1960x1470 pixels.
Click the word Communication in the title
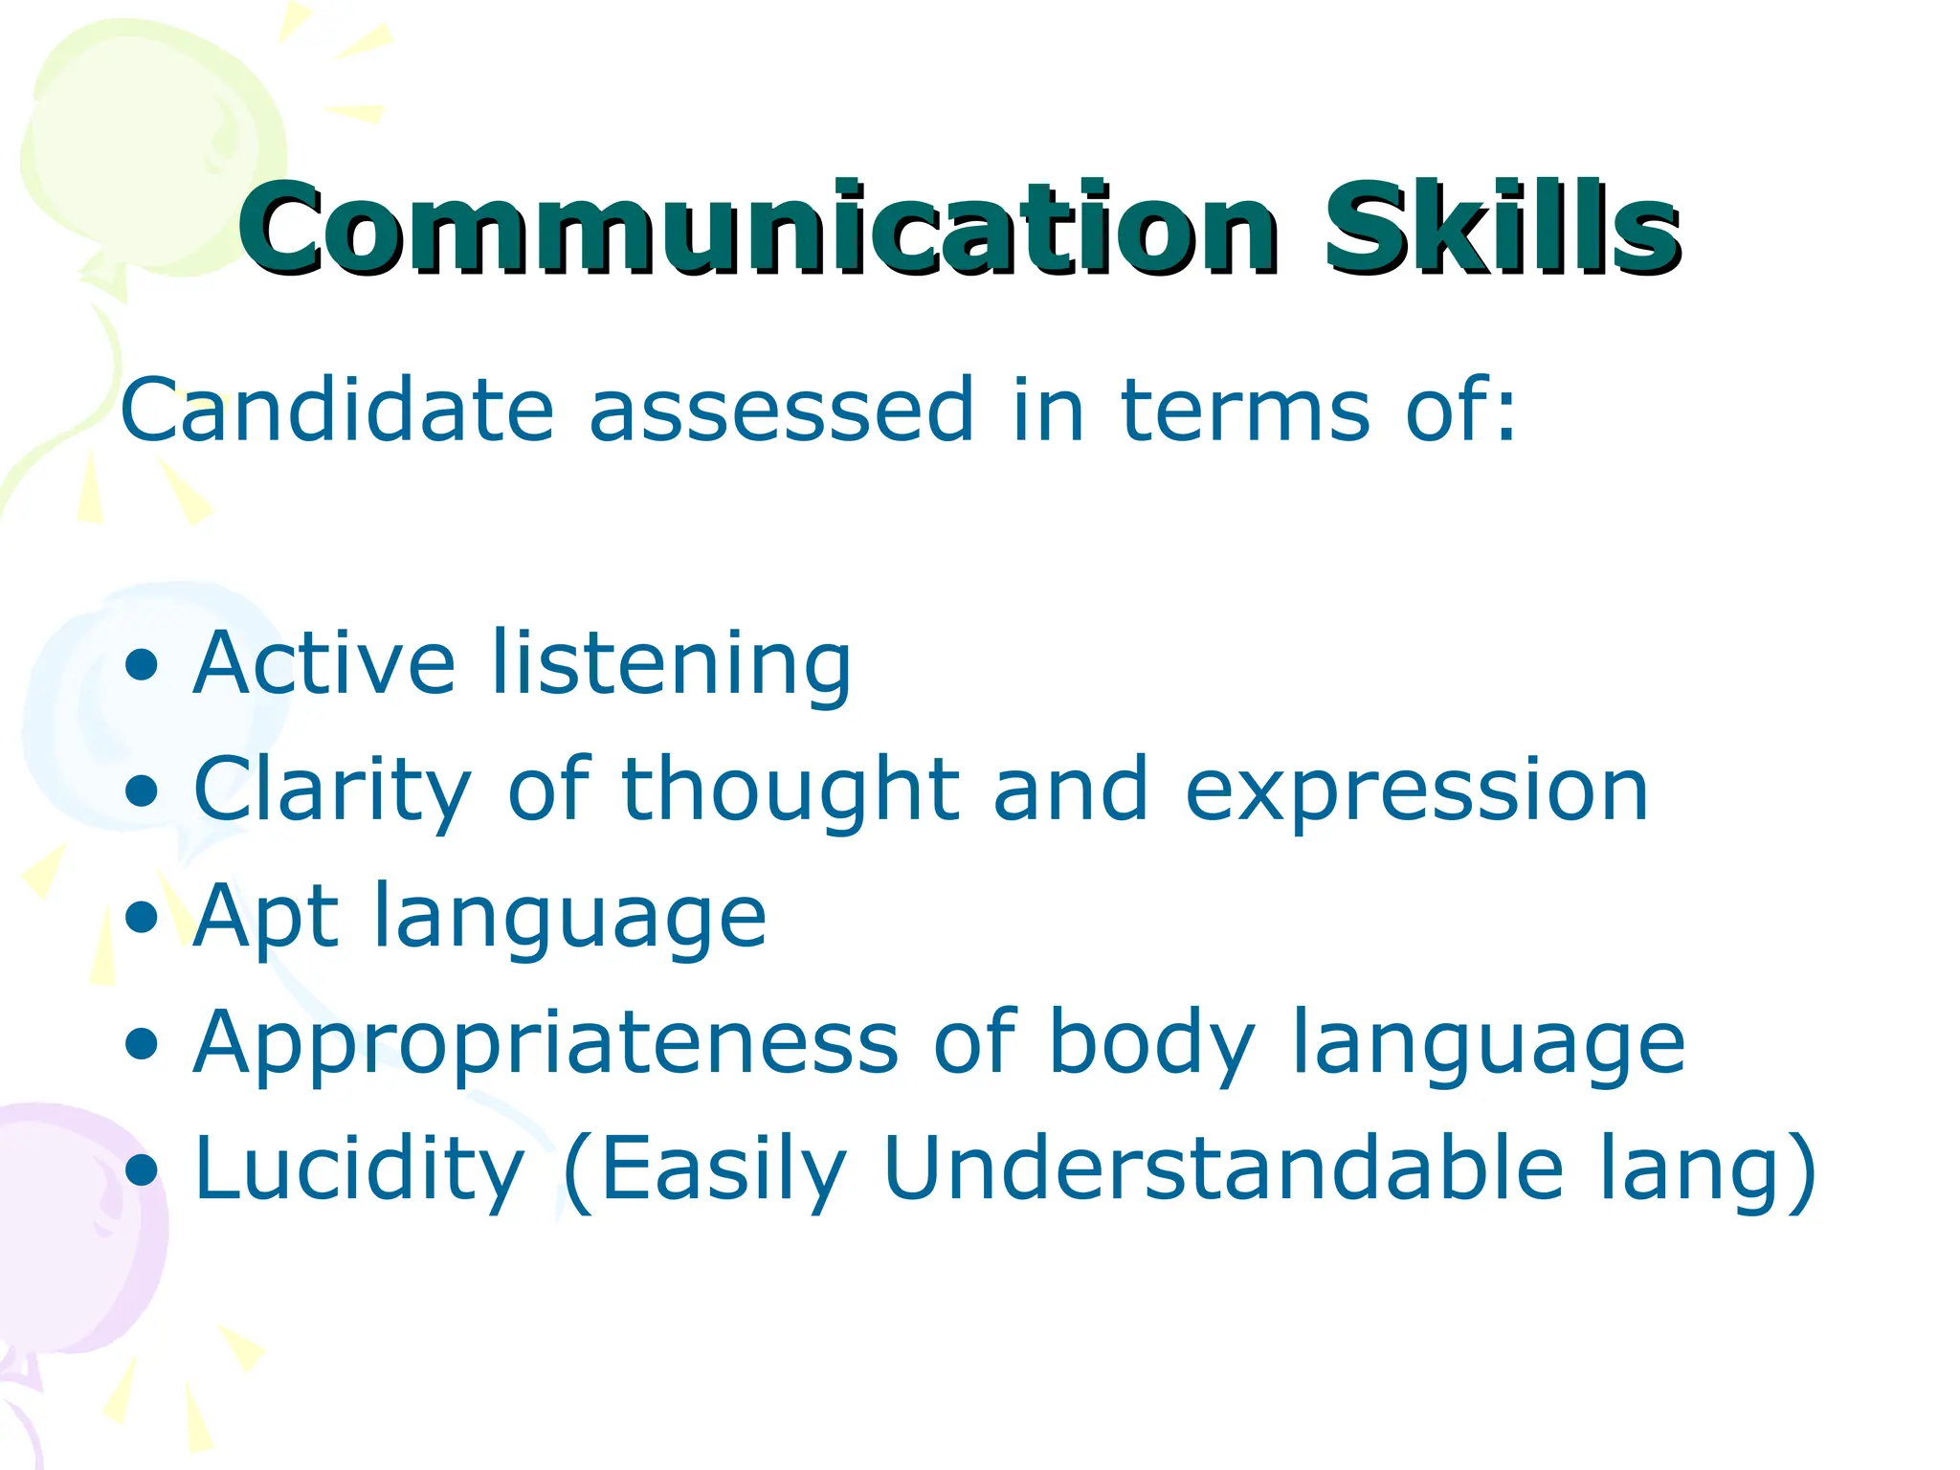[x=756, y=230]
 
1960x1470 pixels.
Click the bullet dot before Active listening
[x=143, y=666]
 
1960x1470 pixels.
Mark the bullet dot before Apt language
[x=143, y=918]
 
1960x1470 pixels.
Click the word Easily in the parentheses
[x=723, y=1169]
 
